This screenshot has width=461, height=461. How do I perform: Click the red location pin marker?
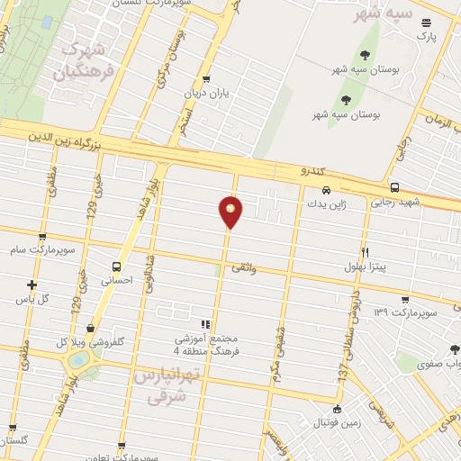(x=231, y=212)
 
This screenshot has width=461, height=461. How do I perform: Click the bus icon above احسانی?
(x=116, y=267)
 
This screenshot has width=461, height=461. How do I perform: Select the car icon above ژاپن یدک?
(x=326, y=190)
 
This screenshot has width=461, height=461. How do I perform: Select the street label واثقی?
(x=244, y=267)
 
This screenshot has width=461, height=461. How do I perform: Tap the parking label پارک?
(x=425, y=36)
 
